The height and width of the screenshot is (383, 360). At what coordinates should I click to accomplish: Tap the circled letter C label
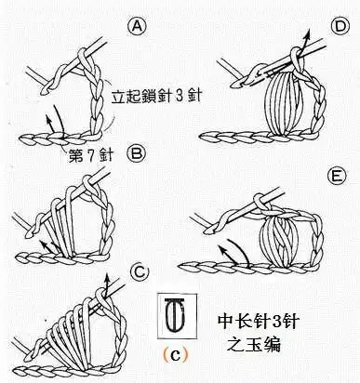(140, 271)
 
